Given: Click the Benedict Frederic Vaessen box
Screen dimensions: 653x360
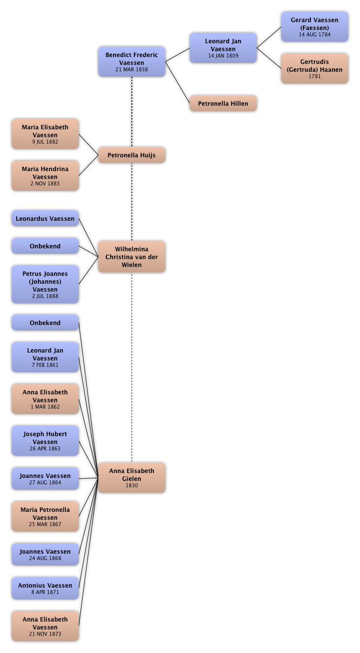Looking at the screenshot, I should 132,62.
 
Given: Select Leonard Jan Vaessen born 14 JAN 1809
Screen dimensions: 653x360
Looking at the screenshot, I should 223,48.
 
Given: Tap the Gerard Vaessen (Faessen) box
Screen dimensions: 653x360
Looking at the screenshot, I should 315,27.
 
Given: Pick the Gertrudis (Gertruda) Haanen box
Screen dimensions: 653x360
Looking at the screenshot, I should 315,69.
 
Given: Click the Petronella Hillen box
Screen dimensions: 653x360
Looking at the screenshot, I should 223,104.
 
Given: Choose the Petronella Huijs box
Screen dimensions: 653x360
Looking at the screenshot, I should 132,155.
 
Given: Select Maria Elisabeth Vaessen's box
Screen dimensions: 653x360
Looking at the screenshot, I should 45,134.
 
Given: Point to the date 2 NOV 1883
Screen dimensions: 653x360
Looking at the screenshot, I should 45,183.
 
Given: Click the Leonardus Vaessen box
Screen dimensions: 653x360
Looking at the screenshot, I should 45,218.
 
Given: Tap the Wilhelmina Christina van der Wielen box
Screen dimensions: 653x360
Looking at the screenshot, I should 132,257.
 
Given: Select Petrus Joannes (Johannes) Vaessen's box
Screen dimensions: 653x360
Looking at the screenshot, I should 45,284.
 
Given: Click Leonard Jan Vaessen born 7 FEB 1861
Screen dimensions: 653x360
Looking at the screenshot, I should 45,357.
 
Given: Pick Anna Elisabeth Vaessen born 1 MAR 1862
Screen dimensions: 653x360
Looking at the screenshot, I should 45,399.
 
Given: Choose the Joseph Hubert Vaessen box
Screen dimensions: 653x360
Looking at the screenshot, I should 45,441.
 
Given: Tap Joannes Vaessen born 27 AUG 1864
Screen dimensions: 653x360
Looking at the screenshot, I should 45,478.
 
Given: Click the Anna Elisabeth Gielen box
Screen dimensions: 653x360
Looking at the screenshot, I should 132,477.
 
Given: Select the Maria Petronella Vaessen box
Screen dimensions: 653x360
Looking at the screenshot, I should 45,517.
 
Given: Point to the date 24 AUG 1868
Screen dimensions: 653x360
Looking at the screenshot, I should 45,558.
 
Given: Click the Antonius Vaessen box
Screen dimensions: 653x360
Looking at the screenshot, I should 45,588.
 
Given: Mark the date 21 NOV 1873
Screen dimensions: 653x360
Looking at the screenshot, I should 45,634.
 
